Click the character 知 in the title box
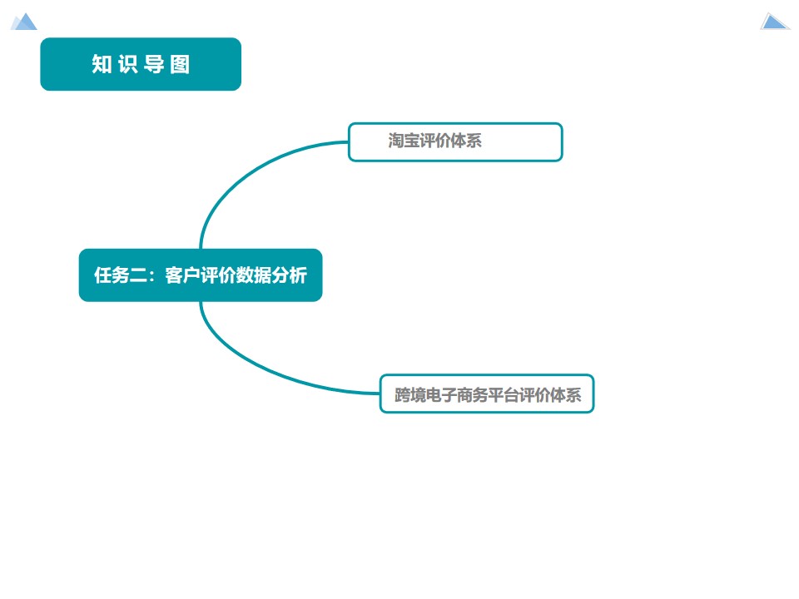(x=102, y=65)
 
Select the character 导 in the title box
(x=154, y=65)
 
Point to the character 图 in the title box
(x=180, y=65)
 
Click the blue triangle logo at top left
(x=24, y=22)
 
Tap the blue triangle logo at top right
(x=774, y=22)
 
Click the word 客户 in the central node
(x=182, y=275)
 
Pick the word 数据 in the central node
(x=253, y=275)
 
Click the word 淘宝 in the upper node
(x=404, y=141)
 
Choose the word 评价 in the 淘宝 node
(x=434, y=141)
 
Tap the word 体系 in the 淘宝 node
(x=466, y=141)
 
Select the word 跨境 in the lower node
(x=409, y=395)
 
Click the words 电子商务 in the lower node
(x=455, y=395)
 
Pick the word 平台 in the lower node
(x=502, y=395)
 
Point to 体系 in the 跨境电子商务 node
(x=565, y=395)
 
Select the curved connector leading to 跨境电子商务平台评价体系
(x=250, y=366)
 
